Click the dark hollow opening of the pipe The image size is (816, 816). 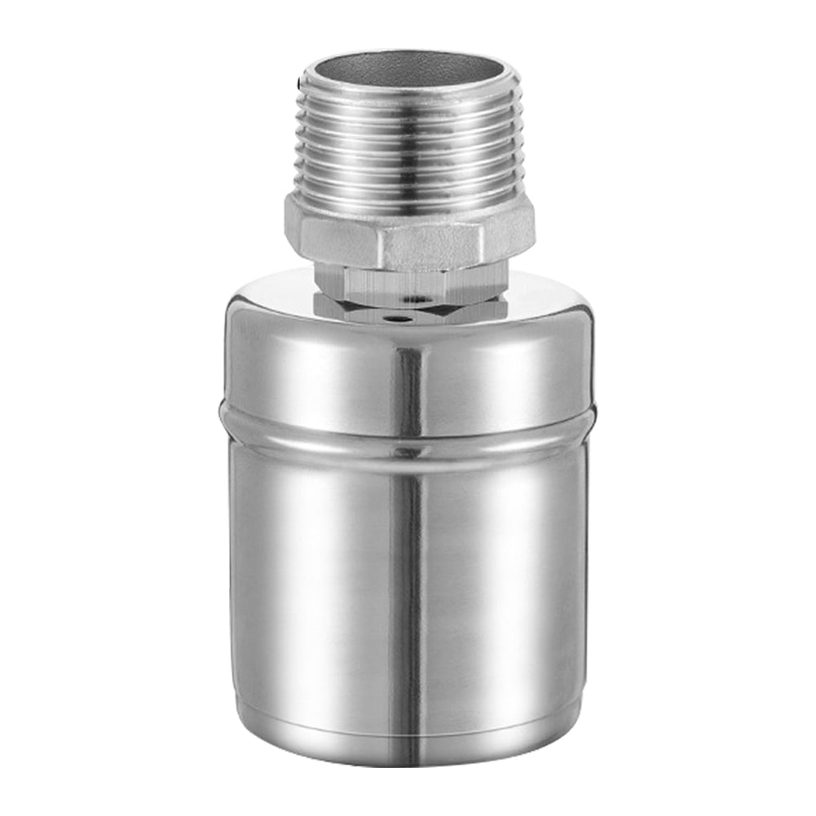click(408, 65)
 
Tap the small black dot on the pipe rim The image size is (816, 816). click(304, 81)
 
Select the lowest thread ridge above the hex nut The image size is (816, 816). click(408, 186)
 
